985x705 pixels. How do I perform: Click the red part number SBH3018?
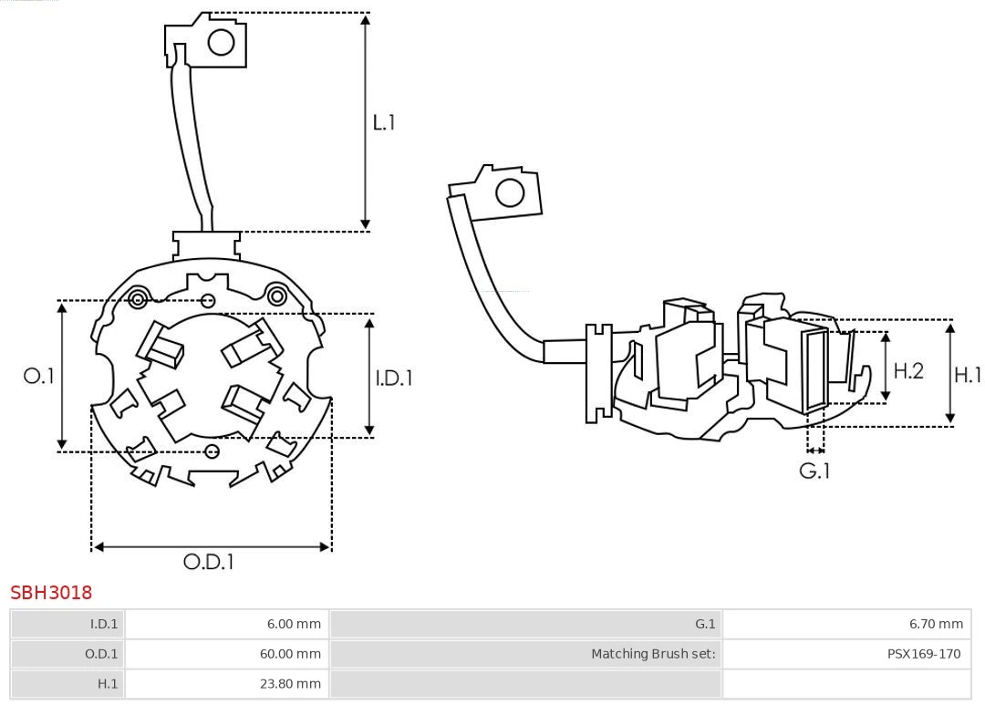click(x=51, y=593)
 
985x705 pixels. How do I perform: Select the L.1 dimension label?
click(x=384, y=122)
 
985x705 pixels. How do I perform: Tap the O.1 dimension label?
click(x=39, y=376)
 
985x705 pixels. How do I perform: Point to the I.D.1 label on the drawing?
click(x=394, y=378)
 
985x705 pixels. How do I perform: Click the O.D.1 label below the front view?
click(x=209, y=562)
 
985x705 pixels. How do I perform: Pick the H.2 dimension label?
click(x=907, y=370)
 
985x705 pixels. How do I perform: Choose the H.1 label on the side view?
click(x=968, y=374)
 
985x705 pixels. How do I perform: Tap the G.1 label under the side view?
click(x=814, y=471)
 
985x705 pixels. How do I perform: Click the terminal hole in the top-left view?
click(x=222, y=42)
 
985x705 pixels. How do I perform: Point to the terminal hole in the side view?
click(x=509, y=193)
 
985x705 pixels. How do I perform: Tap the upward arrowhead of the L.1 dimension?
click(x=366, y=19)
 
